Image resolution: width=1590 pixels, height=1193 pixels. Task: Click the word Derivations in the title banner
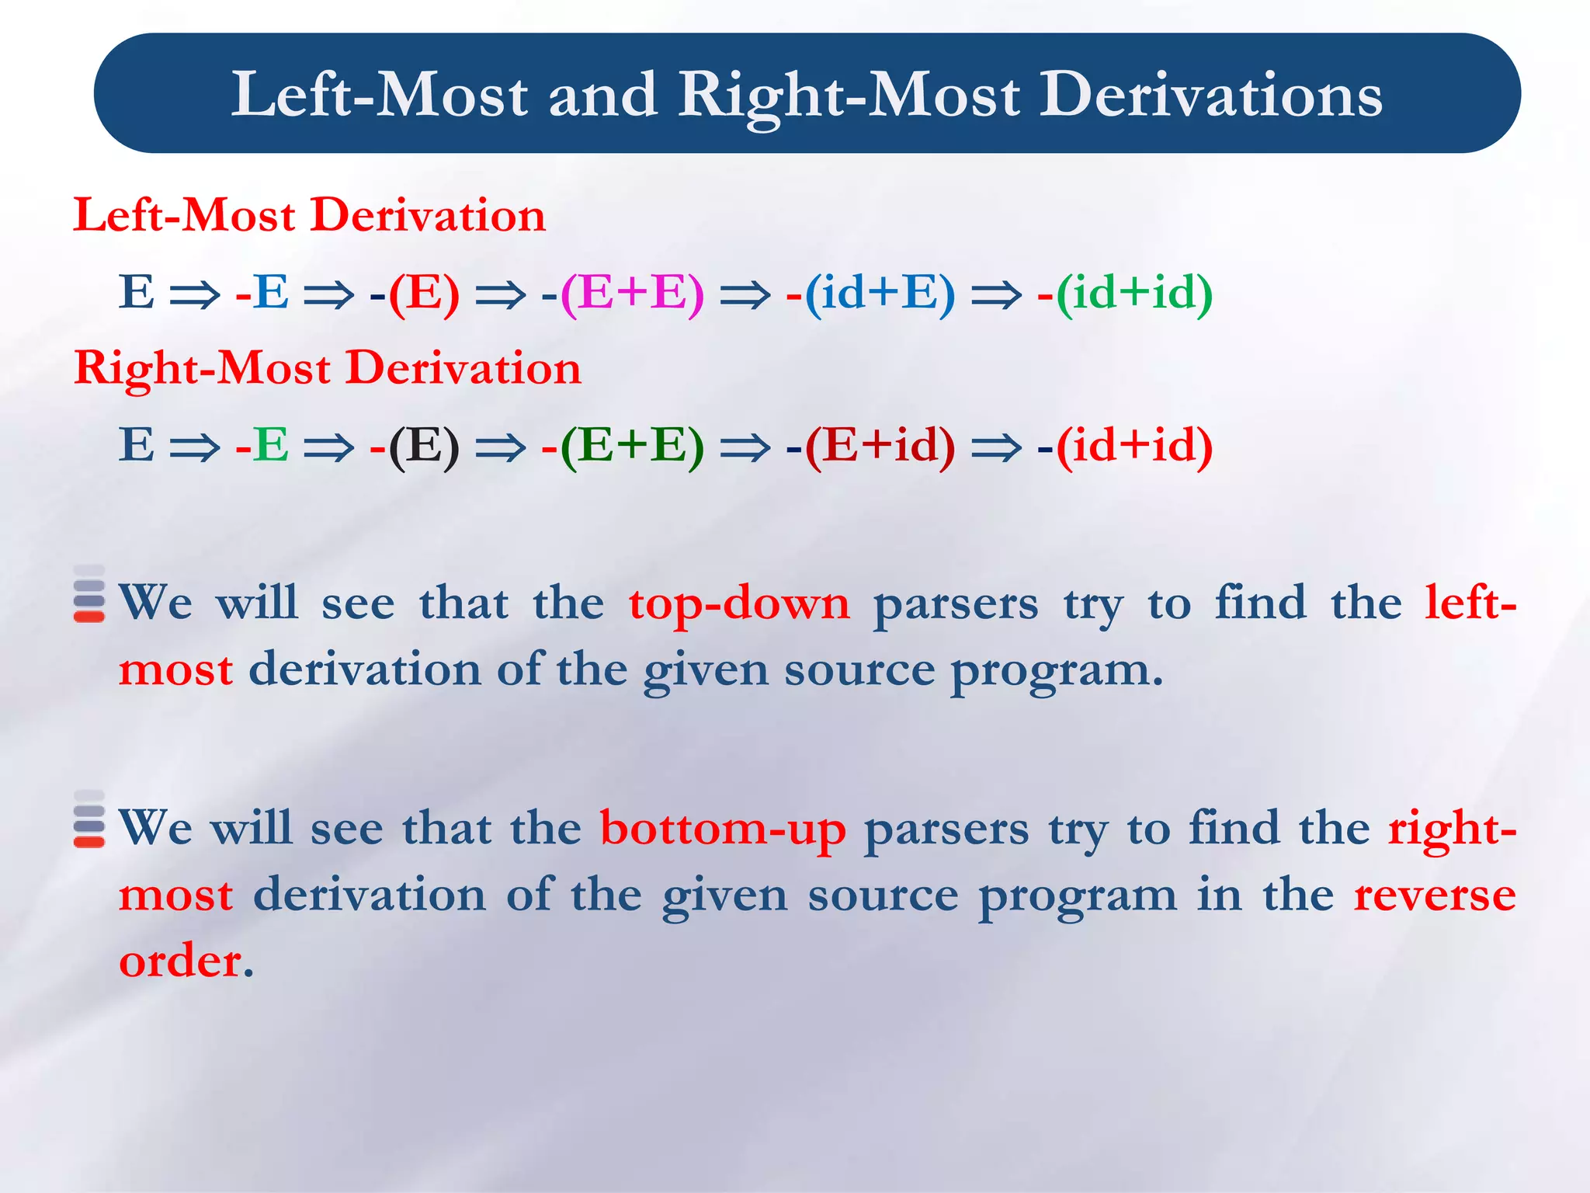pyautogui.click(x=1211, y=95)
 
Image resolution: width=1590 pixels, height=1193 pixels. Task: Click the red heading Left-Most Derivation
pyautogui.click(x=309, y=215)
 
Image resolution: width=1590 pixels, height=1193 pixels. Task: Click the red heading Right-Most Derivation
pyautogui.click(x=327, y=367)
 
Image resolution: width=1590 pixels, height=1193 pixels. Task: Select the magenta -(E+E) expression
pyautogui.click(x=623, y=294)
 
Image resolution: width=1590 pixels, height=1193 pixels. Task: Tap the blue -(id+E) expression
pyautogui.click(x=870, y=294)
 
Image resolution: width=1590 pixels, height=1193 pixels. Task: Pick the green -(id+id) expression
pyautogui.click(x=1125, y=294)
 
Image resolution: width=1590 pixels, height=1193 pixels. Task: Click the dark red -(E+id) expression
pyautogui.click(x=870, y=447)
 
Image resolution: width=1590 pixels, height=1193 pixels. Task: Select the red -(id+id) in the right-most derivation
pyautogui.click(x=1125, y=447)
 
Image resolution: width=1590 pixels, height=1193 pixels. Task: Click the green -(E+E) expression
pyautogui.click(x=623, y=447)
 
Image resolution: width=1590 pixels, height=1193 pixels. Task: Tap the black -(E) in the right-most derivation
pyautogui.click(x=415, y=447)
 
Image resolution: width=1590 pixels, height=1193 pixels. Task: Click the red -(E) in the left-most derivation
pyautogui.click(x=415, y=294)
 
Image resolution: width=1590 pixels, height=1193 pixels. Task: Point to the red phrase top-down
pyautogui.click(x=739, y=603)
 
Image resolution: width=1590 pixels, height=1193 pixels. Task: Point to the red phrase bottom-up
pyautogui.click(x=723, y=829)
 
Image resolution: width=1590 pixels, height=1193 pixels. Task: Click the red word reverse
pyautogui.click(x=1434, y=896)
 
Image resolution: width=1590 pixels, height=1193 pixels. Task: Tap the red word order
pyautogui.click(x=185, y=962)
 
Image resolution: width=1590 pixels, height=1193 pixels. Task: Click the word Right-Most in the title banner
pyautogui.click(x=849, y=95)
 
